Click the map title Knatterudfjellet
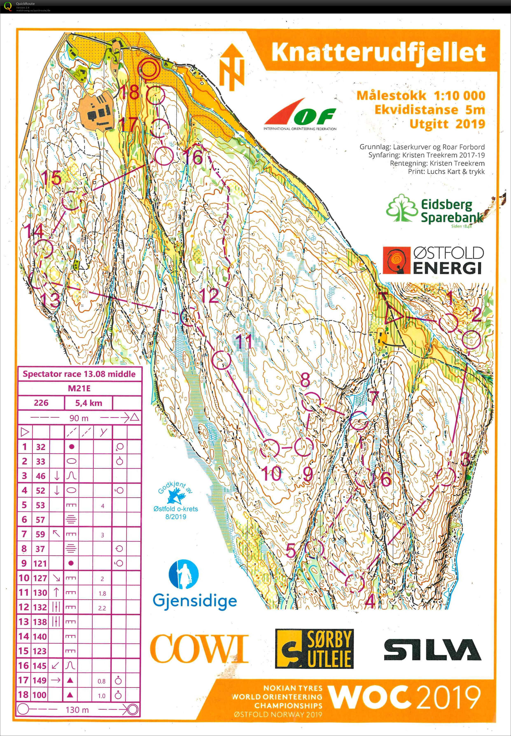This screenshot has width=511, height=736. pos(378,53)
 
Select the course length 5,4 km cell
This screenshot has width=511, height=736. pos(89,403)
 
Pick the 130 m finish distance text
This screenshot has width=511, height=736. pos(77,709)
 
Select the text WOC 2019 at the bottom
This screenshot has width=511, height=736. pos(404,698)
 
